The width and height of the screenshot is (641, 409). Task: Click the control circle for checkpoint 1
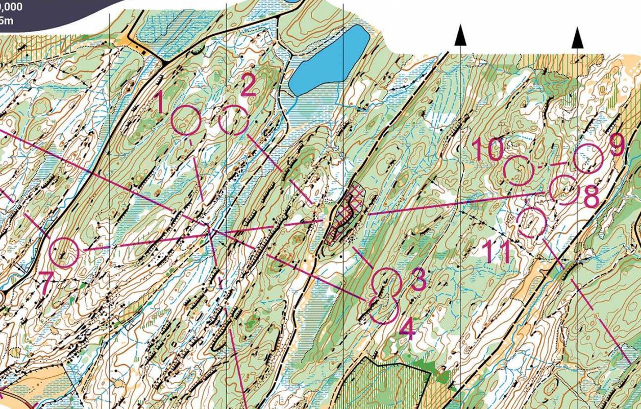tap(186, 121)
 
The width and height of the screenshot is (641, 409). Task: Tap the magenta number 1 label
tap(160, 102)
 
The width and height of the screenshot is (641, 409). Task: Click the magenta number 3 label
tap(417, 279)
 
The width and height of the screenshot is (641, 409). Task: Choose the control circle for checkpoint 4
tap(383, 309)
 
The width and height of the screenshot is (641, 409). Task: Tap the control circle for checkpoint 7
tap(64, 252)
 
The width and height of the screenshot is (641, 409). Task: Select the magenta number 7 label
tap(46, 284)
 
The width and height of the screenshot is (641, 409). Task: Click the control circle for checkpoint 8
tap(564, 189)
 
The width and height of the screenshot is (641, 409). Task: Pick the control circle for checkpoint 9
tap(588, 158)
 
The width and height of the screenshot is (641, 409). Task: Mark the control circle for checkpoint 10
tap(519, 170)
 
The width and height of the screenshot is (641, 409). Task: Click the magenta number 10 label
tap(487, 149)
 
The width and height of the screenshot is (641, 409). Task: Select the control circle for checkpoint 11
tap(532, 223)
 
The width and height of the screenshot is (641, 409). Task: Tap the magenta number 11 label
tap(496, 252)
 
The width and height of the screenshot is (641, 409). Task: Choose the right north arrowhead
tap(577, 38)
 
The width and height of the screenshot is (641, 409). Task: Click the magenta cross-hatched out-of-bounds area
tap(346, 214)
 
